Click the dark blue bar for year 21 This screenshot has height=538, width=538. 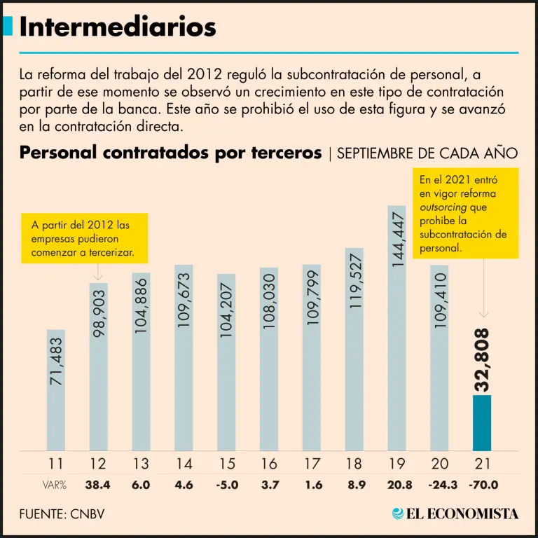(x=482, y=423)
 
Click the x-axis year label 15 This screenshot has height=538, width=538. (x=226, y=463)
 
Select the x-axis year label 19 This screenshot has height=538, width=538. (x=396, y=463)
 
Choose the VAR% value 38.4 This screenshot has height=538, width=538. (x=98, y=484)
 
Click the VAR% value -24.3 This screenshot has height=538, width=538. (x=439, y=484)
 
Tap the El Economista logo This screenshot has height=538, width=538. (x=455, y=513)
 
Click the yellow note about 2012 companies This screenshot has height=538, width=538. (x=85, y=238)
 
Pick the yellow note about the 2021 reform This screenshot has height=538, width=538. (x=465, y=213)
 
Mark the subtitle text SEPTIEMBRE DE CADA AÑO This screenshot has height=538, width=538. (x=427, y=153)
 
